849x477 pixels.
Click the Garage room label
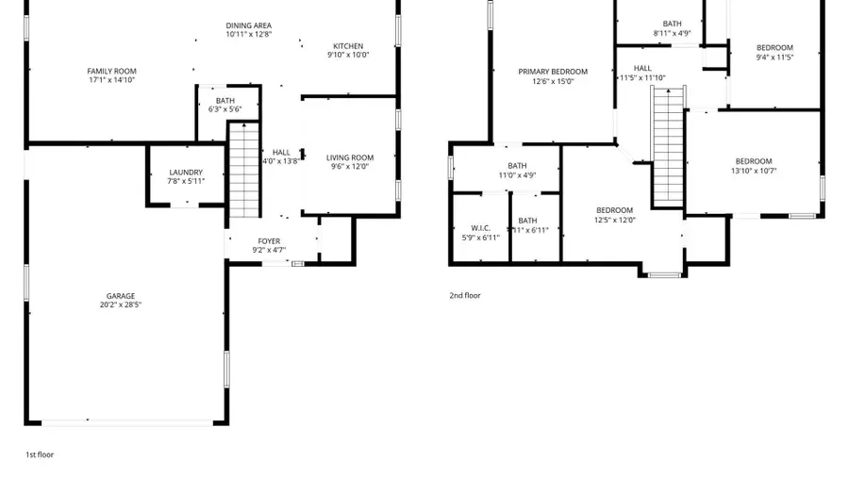coord(120,296)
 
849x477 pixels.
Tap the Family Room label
coord(111,72)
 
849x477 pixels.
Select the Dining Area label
coord(248,25)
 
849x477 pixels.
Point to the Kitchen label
coord(347,46)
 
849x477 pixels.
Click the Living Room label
coord(350,157)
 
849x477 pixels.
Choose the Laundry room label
coord(186,173)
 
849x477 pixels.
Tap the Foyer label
coord(269,241)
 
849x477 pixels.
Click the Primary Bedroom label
coord(553,72)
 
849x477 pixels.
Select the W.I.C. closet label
coord(480,228)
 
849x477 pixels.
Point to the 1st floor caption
coord(40,454)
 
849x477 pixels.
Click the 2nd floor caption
coord(464,295)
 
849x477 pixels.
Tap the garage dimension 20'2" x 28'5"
coord(120,305)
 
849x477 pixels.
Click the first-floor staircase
coord(244,170)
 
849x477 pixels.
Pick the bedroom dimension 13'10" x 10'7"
coord(754,171)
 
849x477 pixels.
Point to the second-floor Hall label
coord(642,68)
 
